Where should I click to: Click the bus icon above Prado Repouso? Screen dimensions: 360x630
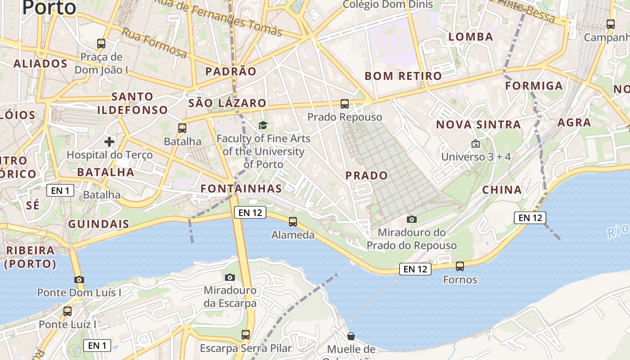click(x=345, y=104)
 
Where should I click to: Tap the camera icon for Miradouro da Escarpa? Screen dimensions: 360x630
click(x=230, y=277)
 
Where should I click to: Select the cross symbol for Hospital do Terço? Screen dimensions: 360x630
click(x=109, y=142)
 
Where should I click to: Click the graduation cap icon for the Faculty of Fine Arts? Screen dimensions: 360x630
click(x=263, y=126)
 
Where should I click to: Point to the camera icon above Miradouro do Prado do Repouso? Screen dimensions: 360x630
click(x=411, y=220)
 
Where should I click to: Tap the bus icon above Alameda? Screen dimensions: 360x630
click(x=293, y=221)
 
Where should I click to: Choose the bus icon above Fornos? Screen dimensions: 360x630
click(x=460, y=266)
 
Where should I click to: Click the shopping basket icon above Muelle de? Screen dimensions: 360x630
click(x=351, y=336)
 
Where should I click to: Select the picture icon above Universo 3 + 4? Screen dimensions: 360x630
click(x=476, y=144)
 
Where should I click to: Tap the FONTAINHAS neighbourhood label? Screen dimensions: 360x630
click(x=241, y=189)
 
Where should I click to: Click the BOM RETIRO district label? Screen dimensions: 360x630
click(x=403, y=76)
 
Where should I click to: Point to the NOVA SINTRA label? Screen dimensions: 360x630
click(x=478, y=125)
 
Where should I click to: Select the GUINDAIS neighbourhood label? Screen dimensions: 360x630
click(x=99, y=224)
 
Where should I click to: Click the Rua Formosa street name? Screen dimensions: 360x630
click(x=154, y=43)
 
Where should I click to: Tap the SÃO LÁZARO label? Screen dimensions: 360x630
click(x=227, y=103)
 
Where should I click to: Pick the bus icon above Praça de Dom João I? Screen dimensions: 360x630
click(x=101, y=44)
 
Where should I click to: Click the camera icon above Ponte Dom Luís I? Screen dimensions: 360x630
click(x=79, y=280)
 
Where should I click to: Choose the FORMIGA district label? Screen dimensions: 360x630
click(x=534, y=85)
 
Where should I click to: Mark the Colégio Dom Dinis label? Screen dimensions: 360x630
click(x=387, y=5)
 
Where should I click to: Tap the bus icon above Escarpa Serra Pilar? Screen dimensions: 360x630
click(x=246, y=335)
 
